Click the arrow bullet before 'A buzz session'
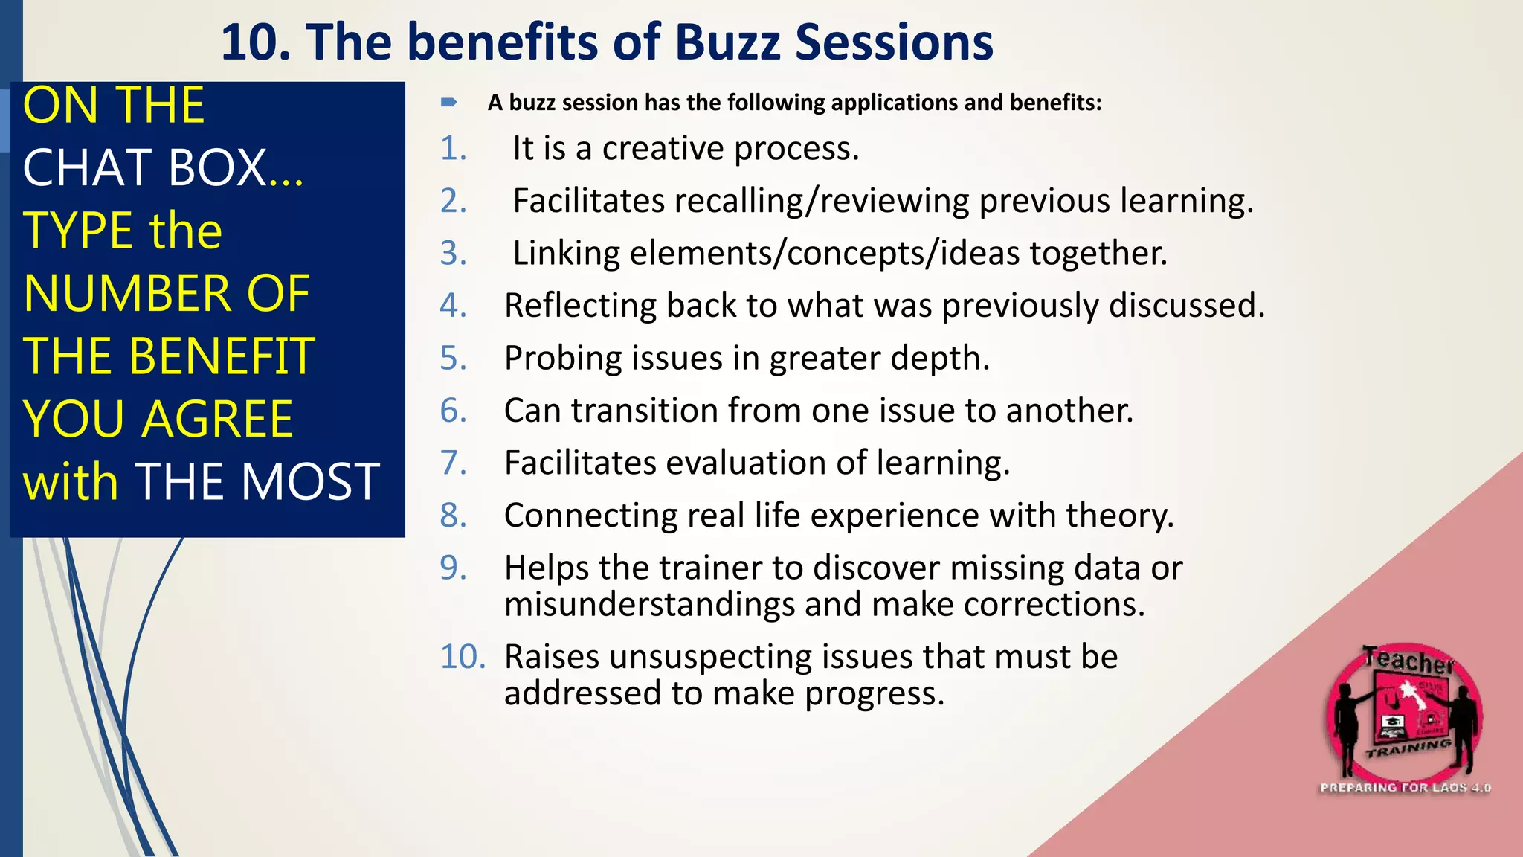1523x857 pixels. (x=448, y=103)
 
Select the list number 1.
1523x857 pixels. (x=453, y=149)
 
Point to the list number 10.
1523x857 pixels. (x=462, y=657)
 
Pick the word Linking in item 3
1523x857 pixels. (x=565, y=254)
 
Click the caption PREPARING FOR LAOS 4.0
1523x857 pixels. (x=1405, y=787)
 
